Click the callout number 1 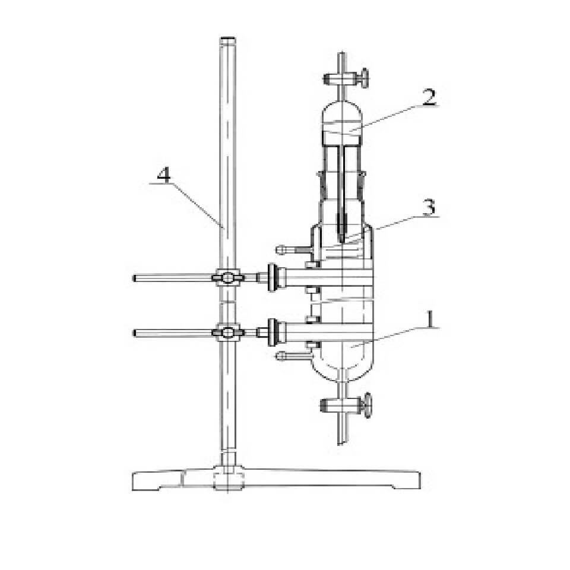click(430, 319)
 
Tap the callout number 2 click(429, 97)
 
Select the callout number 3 click(429, 208)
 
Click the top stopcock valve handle click(363, 78)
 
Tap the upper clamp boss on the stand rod click(227, 278)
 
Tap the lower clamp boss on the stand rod click(227, 332)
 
